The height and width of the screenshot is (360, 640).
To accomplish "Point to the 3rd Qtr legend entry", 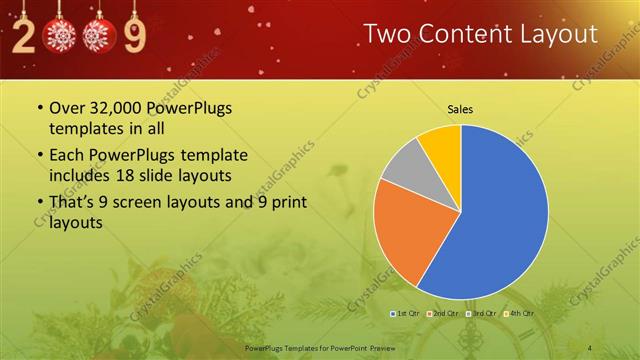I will coord(481,313).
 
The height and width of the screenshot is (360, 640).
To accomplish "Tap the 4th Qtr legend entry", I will coord(518,313).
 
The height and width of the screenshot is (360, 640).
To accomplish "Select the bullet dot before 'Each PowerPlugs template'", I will coord(39,156).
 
